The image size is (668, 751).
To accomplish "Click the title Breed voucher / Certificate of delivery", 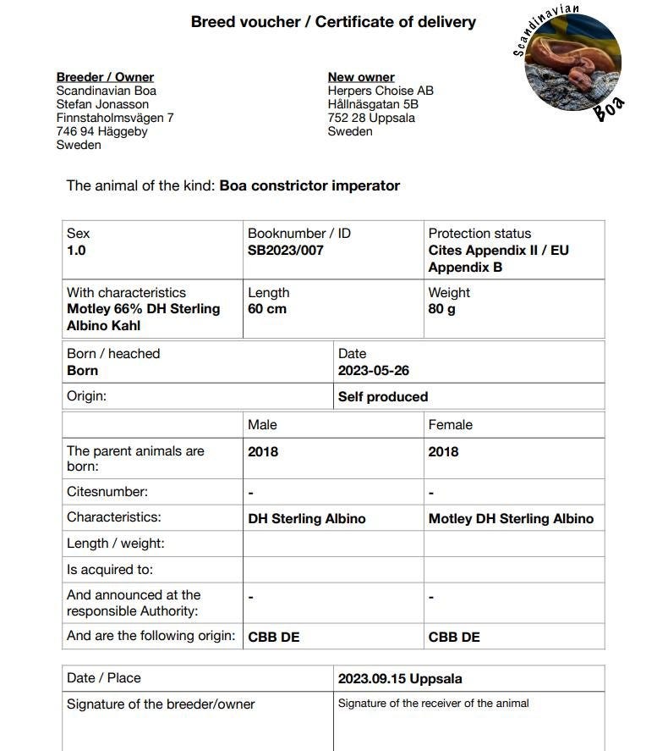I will tap(333, 22).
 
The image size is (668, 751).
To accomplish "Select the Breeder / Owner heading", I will tap(105, 77).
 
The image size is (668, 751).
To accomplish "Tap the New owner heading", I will tap(361, 77).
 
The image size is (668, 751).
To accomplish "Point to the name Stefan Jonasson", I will tap(102, 104).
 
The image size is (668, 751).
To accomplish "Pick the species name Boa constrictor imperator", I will tap(309, 185).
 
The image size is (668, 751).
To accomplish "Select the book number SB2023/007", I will tap(286, 251).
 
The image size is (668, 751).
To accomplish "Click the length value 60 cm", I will tap(267, 309).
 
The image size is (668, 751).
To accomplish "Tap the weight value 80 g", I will tap(442, 309).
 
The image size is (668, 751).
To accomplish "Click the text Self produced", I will tap(383, 396).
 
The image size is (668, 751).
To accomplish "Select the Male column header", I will tap(262, 424).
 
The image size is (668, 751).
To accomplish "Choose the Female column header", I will tap(451, 424).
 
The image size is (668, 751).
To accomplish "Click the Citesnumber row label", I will tap(107, 491).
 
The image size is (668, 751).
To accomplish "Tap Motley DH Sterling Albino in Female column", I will tap(511, 518).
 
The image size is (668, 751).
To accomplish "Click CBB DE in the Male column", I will tap(274, 637).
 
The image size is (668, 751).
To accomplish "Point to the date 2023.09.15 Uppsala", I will tap(400, 678).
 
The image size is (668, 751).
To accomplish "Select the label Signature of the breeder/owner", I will tap(161, 704).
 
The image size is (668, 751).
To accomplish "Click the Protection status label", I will tap(479, 233).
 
